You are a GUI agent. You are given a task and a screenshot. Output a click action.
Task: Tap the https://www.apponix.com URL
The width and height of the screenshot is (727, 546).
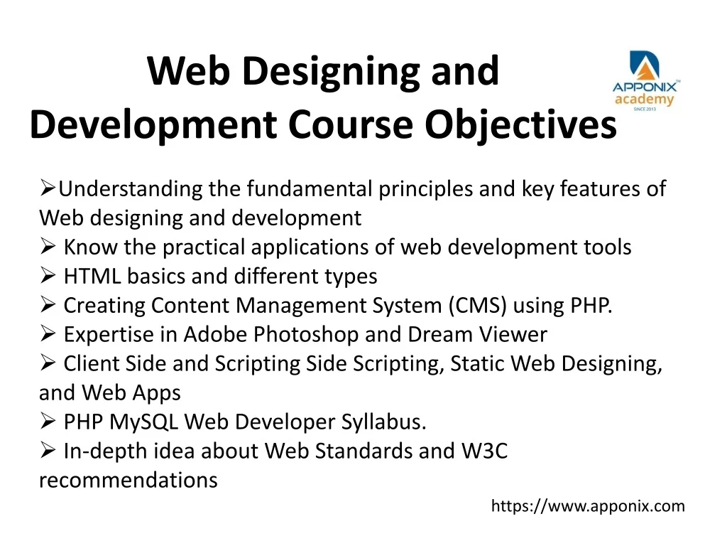588,505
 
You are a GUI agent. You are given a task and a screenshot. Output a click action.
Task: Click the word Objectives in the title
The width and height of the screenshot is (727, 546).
520,124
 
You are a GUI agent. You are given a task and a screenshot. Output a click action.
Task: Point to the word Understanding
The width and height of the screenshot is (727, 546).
131,189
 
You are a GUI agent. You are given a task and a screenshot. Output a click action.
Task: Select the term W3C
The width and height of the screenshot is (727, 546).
484,451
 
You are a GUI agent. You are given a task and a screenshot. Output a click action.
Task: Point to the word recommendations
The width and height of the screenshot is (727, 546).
129,480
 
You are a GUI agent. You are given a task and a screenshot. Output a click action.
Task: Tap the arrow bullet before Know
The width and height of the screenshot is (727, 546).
48,246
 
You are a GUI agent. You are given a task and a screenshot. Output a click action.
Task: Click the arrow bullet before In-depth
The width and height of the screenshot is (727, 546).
48,450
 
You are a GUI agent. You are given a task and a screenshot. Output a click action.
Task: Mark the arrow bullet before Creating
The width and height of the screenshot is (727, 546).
48,304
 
